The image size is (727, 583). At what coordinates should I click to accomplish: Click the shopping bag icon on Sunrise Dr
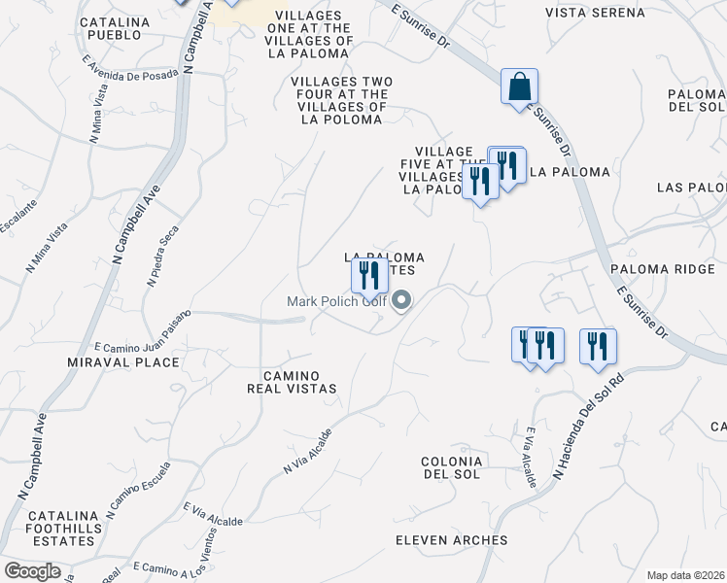(520, 86)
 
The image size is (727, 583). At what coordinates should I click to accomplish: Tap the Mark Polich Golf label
(336, 301)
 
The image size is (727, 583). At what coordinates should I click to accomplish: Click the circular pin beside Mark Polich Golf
(401, 301)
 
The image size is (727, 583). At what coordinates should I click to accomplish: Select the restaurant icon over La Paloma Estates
(368, 275)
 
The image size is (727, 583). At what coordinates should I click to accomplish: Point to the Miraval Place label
(137, 362)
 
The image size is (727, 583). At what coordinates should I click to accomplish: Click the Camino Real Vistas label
(299, 381)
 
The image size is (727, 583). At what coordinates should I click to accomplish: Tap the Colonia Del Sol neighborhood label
(451, 466)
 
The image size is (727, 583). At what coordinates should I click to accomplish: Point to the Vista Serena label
(595, 13)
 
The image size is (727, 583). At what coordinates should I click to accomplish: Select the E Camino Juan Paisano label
(142, 330)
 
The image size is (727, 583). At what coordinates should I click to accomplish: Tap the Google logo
(32, 571)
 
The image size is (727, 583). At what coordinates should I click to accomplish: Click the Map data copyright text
(685, 575)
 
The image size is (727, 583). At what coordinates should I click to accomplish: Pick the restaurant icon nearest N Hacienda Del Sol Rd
(598, 347)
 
